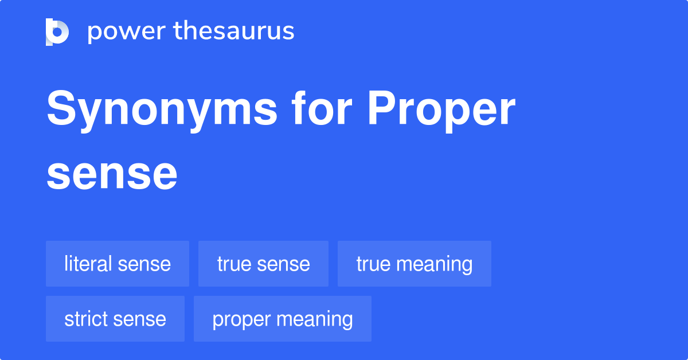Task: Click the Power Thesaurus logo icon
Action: (57, 32)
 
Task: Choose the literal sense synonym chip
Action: (118, 264)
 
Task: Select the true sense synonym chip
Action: (263, 264)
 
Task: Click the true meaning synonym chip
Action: (414, 264)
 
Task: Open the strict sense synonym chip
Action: (115, 319)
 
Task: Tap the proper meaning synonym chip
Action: (282, 319)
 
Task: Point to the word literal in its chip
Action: (88, 264)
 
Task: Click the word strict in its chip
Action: (83, 319)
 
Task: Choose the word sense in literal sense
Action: (144, 264)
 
